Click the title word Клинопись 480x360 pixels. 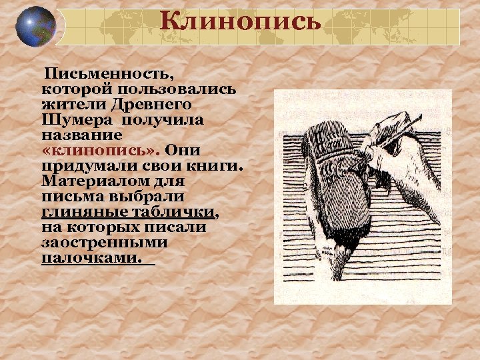pyautogui.click(x=241, y=23)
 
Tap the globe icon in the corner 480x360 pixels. pyautogui.click(x=35, y=27)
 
